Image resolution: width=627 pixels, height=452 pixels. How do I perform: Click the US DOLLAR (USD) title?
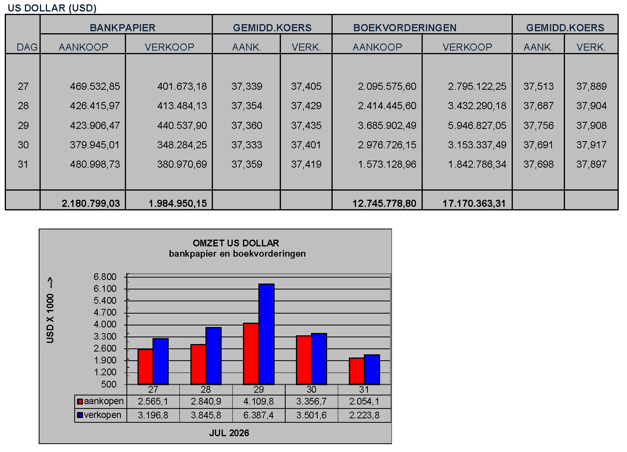pos(52,8)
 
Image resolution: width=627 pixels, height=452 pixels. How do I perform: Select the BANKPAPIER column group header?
pos(122,28)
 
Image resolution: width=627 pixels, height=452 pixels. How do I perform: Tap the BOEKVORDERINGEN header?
pos(405,28)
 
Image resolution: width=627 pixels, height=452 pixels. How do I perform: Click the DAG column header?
pos(27,47)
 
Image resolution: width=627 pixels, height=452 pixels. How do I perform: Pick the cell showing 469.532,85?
pos(95,86)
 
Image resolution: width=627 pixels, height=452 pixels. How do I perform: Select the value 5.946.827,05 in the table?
pos(477,125)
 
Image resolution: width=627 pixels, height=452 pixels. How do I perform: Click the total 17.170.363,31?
pos(474,203)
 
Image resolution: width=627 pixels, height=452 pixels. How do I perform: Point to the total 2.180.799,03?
pos(91,203)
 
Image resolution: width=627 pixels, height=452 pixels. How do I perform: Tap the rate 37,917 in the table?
pos(591,145)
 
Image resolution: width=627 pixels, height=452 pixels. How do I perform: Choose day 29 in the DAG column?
pos(23,125)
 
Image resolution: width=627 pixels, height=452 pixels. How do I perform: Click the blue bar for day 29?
pos(266,334)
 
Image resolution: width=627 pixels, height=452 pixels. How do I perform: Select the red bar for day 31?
pos(357,371)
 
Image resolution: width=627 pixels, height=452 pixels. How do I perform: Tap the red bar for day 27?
pos(145,367)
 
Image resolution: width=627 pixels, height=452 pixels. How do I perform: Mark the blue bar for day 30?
pos(319,359)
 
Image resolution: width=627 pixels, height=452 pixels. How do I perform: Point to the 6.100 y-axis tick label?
pos(105,289)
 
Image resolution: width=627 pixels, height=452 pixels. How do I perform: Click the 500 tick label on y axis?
pos(109,384)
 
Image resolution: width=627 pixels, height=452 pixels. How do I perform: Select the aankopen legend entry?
pos(100,401)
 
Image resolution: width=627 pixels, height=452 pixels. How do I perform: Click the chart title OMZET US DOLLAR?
pos(236,243)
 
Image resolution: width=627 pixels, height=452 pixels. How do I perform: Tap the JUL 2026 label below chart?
pos(229,433)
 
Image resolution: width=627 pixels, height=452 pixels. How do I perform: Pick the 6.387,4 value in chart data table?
pos(258,415)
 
